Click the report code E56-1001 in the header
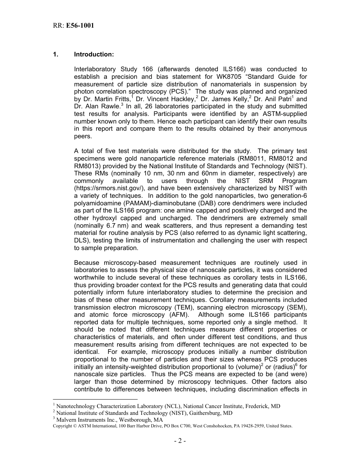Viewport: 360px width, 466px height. tap(80, 26)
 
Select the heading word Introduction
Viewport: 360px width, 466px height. tap(94, 55)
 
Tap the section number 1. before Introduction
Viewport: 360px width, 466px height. tap(56, 55)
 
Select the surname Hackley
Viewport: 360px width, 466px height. tap(182, 99)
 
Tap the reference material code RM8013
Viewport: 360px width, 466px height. tap(89, 166)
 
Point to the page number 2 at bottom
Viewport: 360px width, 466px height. tap(180, 441)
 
